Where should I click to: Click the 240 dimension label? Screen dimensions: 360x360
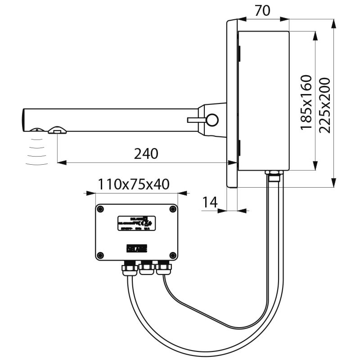click(x=146, y=154)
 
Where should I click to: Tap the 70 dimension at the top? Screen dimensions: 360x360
click(x=262, y=10)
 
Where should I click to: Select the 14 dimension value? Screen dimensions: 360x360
click(x=210, y=202)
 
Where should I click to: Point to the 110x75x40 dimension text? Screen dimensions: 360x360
click(x=134, y=184)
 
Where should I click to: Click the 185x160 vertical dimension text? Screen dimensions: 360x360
click(x=306, y=103)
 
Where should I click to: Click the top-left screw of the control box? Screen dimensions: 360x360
click(x=100, y=209)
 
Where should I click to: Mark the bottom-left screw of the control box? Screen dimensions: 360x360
click(x=100, y=255)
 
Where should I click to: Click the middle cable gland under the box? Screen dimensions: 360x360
click(x=146, y=268)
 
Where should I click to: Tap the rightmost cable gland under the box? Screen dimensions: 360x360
click(x=162, y=269)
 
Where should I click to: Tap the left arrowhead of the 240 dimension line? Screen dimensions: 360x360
click(x=60, y=162)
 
